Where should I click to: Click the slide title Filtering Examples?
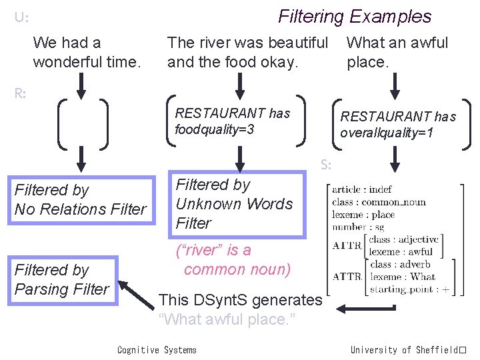[x=355, y=17]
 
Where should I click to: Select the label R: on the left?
[x=21, y=93]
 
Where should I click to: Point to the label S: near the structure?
[x=326, y=164]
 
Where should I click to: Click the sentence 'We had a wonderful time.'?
[x=87, y=53]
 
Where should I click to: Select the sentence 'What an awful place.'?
[x=397, y=53]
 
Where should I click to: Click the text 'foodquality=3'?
[x=214, y=129]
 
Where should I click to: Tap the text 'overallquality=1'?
[x=387, y=133]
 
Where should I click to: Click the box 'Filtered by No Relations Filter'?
[x=81, y=199]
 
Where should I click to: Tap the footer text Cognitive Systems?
[x=157, y=350]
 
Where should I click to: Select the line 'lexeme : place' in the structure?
[x=363, y=215]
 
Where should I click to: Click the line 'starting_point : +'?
[x=408, y=289]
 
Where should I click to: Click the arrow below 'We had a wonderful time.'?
[x=81, y=85]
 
